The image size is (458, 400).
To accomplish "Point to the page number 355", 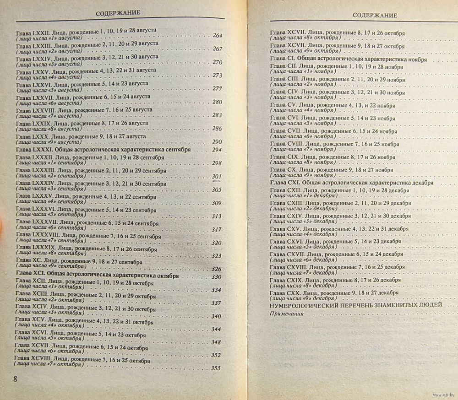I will (215, 369).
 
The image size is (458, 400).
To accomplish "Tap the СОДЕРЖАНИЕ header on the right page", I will (375, 15).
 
